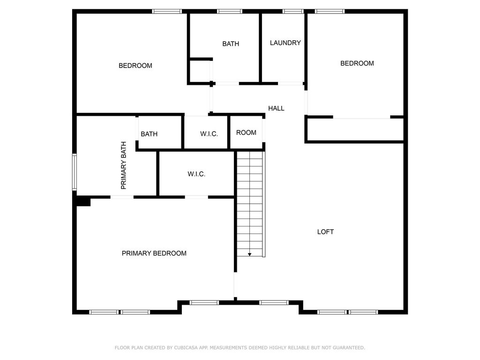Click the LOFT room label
click(325, 232)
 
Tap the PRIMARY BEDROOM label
click(154, 253)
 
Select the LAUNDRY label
click(285, 43)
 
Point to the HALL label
click(276, 108)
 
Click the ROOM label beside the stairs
click(246, 133)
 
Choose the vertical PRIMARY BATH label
click(123, 165)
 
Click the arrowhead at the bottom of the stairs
click(250, 255)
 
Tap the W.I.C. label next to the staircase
click(196, 174)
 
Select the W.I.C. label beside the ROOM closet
click(209, 134)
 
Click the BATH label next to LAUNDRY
click(231, 44)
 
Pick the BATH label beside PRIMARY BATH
click(149, 134)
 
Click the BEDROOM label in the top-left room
click(135, 66)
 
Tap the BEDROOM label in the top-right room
click(357, 63)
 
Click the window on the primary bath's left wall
click(75, 172)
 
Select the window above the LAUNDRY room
click(293, 11)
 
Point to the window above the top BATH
click(230, 11)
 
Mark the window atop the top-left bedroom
click(167, 11)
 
